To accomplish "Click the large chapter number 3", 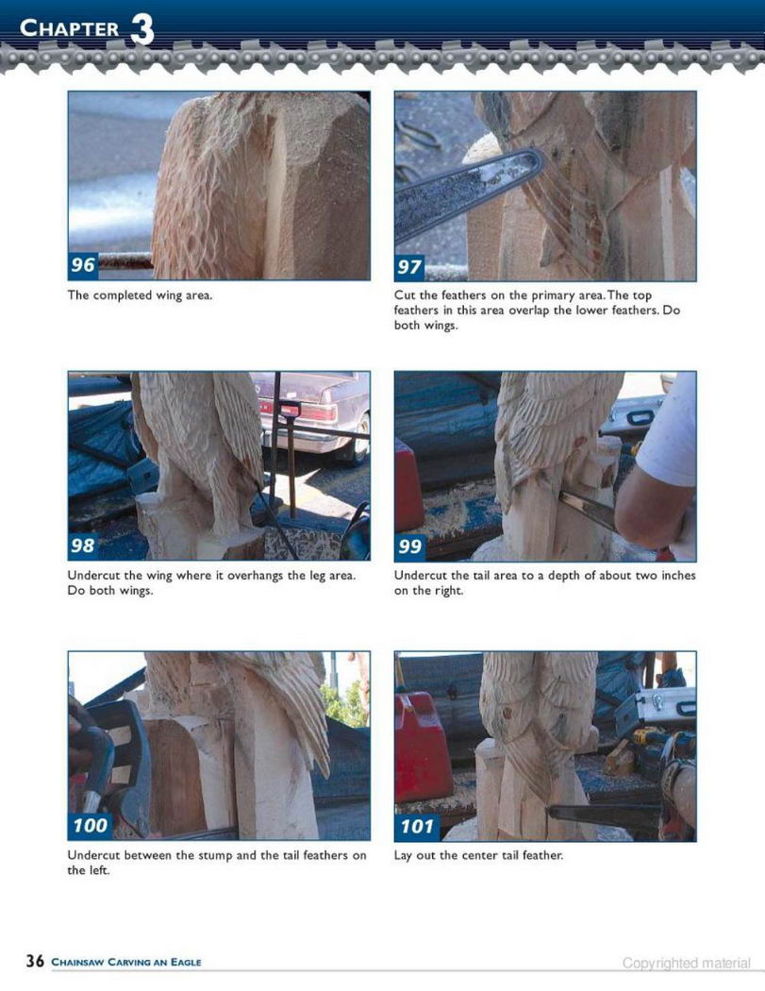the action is click(142, 29).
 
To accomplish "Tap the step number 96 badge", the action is click(83, 264).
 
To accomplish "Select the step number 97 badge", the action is click(409, 267).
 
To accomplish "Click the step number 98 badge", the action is click(83, 545).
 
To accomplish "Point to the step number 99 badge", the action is click(409, 546).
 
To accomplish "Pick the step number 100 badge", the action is click(91, 826).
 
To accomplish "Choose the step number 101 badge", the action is click(418, 826).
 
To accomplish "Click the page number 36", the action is click(35, 961).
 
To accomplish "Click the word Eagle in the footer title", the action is click(186, 962).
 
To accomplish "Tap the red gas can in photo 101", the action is click(423, 764).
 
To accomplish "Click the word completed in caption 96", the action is click(123, 295).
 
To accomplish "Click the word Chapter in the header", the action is click(70, 27).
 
